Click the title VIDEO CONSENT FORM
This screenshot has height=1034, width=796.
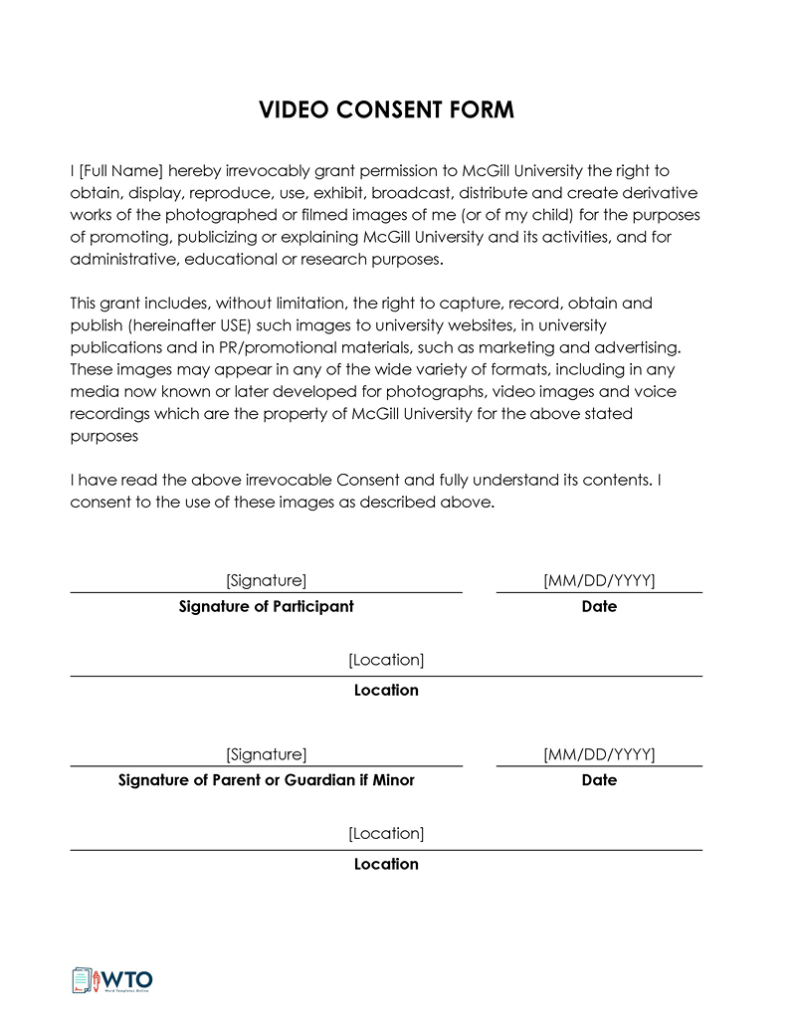point(386,110)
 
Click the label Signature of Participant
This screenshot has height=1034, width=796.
point(266,606)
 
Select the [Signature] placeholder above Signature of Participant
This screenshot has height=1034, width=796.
point(266,580)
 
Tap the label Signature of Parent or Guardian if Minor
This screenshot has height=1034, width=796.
point(266,780)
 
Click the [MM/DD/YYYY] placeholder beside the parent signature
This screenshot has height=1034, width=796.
point(599,754)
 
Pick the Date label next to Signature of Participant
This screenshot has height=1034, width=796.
point(599,606)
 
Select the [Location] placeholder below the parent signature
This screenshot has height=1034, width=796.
point(386,833)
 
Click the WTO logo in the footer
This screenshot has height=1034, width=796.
point(111,980)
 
